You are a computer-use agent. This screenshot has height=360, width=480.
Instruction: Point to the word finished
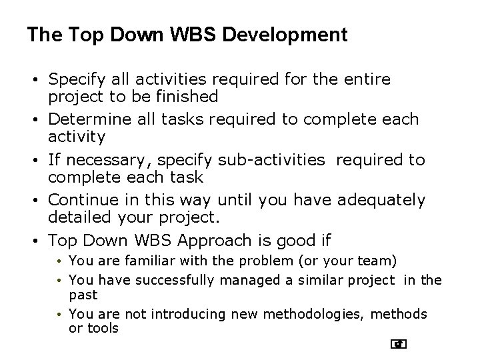pyautogui.click(x=186, y=97)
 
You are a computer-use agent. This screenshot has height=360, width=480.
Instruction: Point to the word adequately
pyautogui.click(x=382, y=200)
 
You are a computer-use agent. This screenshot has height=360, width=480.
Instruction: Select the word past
pyautogui.click(x=83, y=295)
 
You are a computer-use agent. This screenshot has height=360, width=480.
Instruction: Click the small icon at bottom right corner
pyautogui.click(x=399, y=344)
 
